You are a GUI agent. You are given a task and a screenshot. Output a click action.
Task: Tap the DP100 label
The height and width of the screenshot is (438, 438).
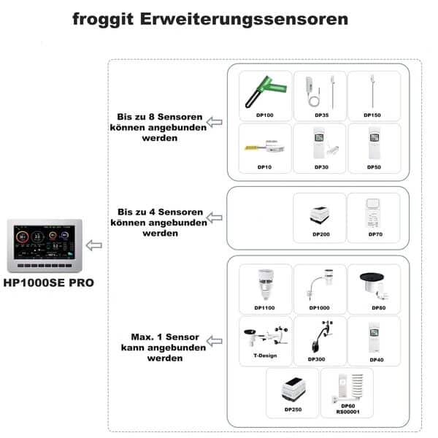coord(266,115)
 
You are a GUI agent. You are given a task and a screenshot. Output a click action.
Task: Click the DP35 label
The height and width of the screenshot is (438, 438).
coord(320,115)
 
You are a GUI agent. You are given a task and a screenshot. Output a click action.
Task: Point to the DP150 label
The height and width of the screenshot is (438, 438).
coord(373,115)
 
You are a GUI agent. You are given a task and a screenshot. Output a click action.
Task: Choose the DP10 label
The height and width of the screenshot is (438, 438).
coord(265,167)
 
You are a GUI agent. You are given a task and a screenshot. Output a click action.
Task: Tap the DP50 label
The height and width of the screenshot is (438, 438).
coord(373,167)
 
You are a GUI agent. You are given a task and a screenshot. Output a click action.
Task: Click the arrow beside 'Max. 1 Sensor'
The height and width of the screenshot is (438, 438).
coord(215,339)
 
